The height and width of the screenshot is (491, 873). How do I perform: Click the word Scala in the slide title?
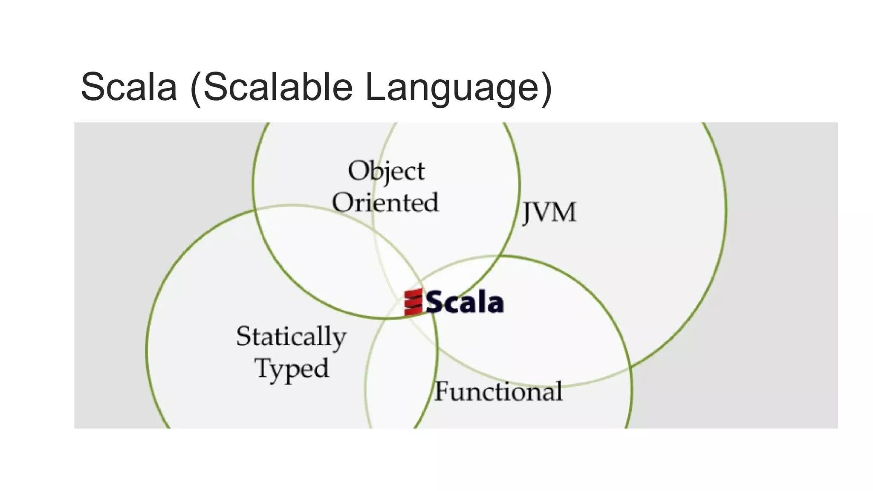point(129,87)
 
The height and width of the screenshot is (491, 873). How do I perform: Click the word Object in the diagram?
point(386,171)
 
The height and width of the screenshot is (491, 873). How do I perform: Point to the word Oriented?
point(385,202)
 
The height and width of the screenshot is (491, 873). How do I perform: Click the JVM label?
point(549,212)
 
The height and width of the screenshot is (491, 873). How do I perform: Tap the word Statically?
point(291,337)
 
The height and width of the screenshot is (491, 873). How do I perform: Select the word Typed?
point(292,369)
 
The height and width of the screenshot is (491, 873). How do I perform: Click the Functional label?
point(498,391)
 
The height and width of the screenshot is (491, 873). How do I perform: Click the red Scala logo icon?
point(413,302)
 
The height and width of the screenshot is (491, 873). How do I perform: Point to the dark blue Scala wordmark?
point(465,302)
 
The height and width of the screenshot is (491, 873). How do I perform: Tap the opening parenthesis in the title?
point(195,89)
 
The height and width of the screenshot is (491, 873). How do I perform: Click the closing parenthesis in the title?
point(546,89)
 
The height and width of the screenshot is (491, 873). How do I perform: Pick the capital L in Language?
point(375,87)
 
